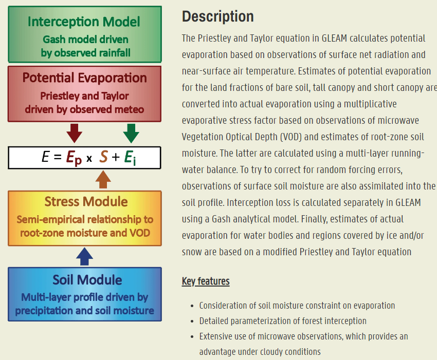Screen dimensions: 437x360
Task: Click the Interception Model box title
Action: point(84,22)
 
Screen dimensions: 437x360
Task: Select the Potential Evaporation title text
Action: point(85,78)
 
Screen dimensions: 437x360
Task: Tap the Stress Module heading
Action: point(86,201)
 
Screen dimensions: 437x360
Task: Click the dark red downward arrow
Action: point(75,133)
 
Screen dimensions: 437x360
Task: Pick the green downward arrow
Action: point(131,133)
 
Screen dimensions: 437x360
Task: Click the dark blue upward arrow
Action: point(85,255)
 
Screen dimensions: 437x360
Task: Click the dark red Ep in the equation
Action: point(73,158)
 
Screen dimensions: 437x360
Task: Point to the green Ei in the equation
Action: point(131,158)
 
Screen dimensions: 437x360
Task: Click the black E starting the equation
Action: point(46,157)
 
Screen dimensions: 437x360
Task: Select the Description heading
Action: point(218,16)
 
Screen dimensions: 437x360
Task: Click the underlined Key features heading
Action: point(206,281)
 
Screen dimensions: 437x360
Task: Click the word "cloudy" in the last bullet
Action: point(268,352)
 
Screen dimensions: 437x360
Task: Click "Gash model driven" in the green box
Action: point(85,40)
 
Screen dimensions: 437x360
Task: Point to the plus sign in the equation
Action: point(116,157)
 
